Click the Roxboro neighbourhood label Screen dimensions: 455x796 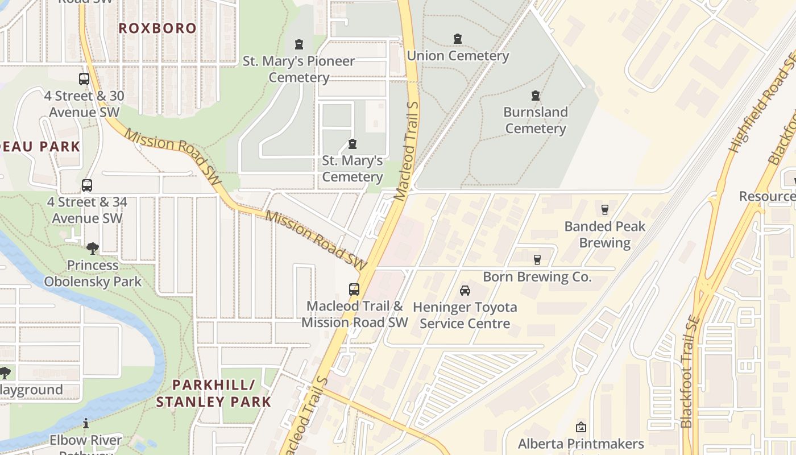(157, 28)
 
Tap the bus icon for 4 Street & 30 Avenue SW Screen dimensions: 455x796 (84, 79)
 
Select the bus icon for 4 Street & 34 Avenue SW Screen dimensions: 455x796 (86, 185)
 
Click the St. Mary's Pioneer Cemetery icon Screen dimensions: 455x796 (299, 44)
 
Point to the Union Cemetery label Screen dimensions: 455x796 (458, 56)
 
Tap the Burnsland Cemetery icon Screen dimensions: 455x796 (535, 96)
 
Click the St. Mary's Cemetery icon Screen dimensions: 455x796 (353, 144)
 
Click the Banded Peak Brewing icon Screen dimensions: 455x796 (604, 210)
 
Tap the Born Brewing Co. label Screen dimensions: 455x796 (537, 277)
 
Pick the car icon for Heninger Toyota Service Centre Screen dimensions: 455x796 (465, 291)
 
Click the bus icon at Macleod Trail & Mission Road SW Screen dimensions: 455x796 (354, 289)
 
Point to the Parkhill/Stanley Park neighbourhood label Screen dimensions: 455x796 (213, 393)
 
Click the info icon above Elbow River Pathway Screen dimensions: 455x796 (86, 424)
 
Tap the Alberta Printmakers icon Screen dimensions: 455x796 (581, 427)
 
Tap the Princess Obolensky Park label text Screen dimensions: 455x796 (93, 273)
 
